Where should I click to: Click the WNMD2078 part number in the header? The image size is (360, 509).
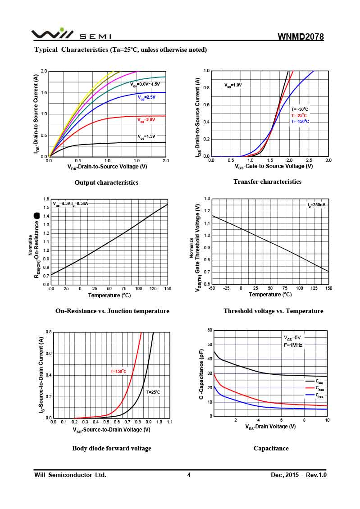301,37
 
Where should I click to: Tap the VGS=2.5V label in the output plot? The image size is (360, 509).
146,97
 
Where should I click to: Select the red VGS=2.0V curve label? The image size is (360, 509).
146,120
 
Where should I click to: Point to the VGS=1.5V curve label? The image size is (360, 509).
146,136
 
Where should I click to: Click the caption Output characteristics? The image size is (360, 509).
106,182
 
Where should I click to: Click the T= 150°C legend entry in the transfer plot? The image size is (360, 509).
300,122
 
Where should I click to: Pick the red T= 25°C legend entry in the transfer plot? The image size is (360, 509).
299,115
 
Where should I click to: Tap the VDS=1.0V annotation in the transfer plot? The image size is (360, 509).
233,85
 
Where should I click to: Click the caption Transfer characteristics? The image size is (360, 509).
267,182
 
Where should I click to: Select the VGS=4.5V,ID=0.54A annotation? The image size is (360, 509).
70,204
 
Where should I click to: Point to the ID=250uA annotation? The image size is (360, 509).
317,205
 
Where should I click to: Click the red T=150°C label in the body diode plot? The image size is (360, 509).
118,372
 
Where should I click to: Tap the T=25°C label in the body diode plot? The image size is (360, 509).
153,392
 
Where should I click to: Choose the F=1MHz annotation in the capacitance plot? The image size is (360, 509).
293,345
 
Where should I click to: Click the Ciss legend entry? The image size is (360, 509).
319,381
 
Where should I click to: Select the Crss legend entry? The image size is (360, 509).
319,395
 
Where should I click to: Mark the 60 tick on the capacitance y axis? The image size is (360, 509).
210,330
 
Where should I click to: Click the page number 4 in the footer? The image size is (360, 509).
189,475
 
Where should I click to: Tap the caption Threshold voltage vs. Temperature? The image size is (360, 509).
273,311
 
